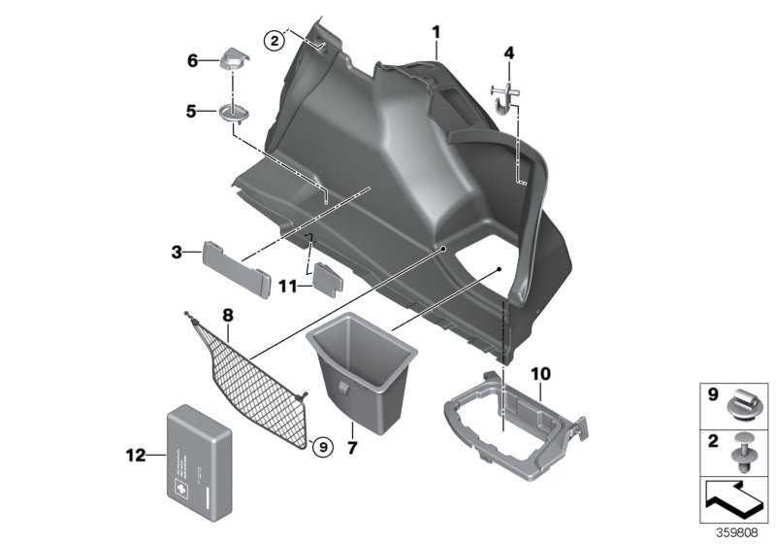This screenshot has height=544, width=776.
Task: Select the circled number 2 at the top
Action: (x=275, y=40)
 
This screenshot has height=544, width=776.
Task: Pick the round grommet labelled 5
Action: (x=233, y=113)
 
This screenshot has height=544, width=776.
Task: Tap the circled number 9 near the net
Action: (x=322, y=446)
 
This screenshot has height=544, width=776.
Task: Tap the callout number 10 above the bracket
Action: (x=540, y=372)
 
